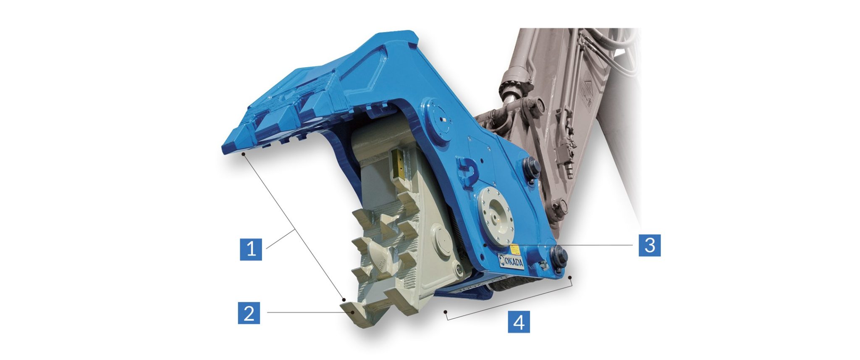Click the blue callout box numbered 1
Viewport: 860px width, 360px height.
tap(251, 250)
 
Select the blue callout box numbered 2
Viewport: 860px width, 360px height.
tap(249, 313)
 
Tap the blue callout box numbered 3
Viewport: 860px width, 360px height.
tap(650, 245)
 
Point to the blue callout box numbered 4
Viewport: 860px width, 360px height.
tap(519, 322)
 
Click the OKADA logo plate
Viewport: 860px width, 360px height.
tap(511, 260)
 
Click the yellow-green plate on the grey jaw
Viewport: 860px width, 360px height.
tap(105, 165)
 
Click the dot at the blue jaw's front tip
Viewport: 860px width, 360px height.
tap(243, 154)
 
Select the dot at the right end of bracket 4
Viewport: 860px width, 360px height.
tap(570, 278)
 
